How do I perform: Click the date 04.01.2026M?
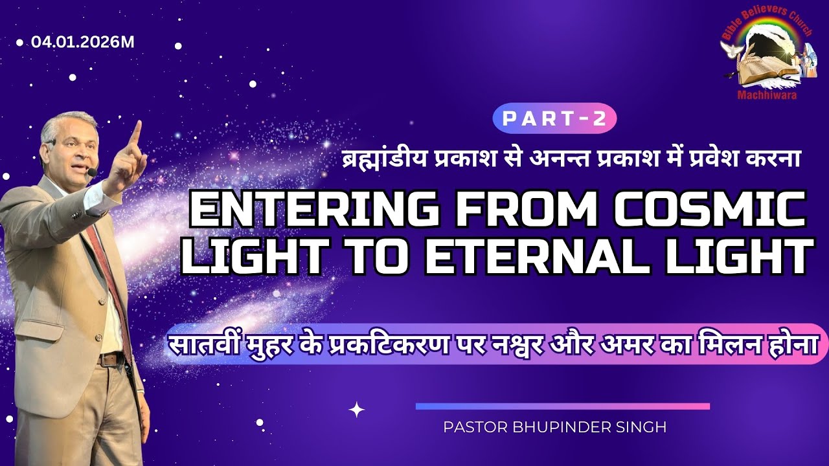[83, 43]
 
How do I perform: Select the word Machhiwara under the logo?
[767, 96]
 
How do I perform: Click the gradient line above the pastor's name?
[562, 406]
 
